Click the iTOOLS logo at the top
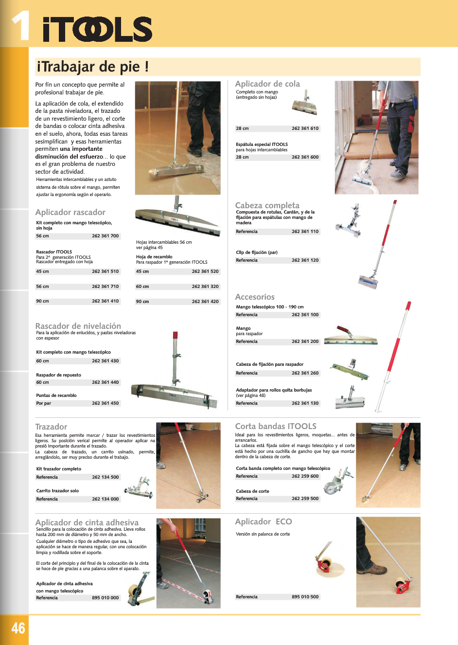[97, 30]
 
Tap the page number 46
[18, 628]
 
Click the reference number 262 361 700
[105, 236]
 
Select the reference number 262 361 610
[305, 128]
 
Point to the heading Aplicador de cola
[267, 84]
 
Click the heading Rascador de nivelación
[78, 326]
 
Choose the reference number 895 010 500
[305, 597]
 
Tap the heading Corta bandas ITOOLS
[276, 426]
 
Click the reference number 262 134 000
[105, 499]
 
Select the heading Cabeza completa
[267, 205]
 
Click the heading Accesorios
[255, 297]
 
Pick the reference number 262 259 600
[305, 476]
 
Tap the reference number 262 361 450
[105, 403]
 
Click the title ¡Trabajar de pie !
[92, 67]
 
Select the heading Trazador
[51, 427]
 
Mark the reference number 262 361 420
[205, 302]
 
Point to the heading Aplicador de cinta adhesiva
[87, 522]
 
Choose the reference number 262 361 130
[305, 403]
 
